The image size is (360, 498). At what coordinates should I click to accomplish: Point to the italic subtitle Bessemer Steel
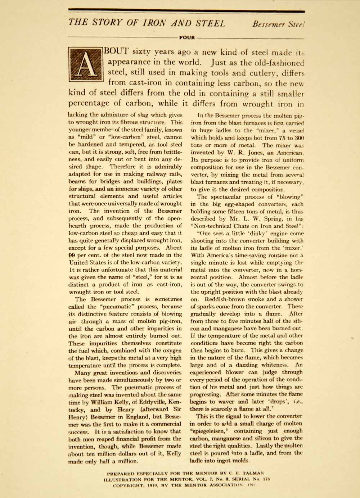click(x=278, y=24)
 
